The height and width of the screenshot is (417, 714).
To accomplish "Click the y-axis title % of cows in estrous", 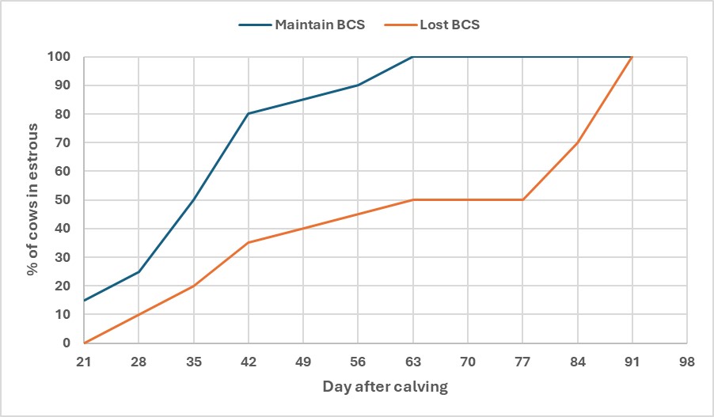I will tap(32, 200).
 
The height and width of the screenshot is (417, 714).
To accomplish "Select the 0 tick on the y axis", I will tap(66, 343).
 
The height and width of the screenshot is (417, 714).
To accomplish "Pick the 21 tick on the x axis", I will tap(83, 361).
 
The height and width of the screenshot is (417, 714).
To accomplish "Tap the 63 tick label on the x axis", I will tap(412, 361).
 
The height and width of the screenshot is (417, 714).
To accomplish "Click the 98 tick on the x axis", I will tap(686, 361).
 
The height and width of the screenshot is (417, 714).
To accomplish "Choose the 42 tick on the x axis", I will tap(248, 361).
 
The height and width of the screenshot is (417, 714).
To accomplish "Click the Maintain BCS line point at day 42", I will tap(248, 114).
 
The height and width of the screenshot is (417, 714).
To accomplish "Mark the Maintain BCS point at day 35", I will tap(193, 200).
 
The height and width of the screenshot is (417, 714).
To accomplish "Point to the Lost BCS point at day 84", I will tap(577, 142).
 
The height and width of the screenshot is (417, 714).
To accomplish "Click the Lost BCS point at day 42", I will tap(248, 243).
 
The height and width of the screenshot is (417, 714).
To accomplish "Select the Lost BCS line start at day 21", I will tap(83, 343).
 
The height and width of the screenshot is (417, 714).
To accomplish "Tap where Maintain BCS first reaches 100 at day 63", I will tap(412, 57).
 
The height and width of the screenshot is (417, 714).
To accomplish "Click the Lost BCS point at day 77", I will tap(522, 200).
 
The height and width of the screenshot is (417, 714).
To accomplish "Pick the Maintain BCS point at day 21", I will tap(83, 301).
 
